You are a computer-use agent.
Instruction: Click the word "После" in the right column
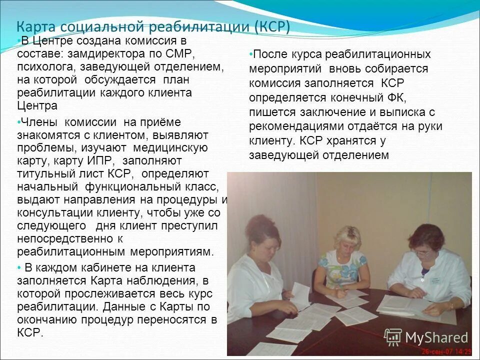[270, 54]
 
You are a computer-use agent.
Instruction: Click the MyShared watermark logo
[425, 337]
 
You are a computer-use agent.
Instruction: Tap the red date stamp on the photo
[446, 351]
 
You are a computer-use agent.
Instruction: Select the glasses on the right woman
[421, 252]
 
